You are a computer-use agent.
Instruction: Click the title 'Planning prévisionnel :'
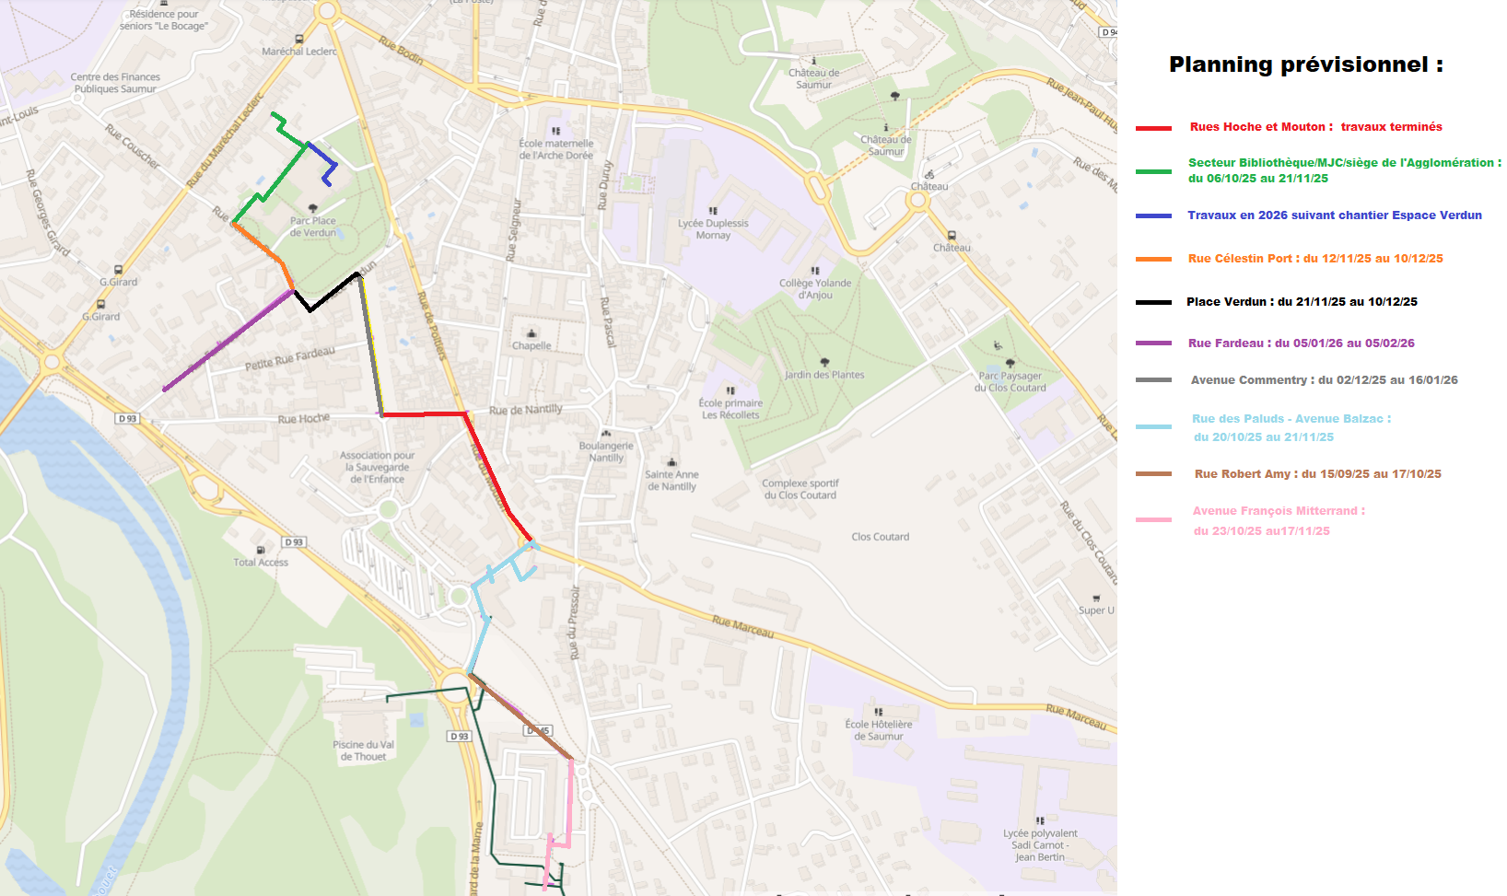[x=1305, y=64]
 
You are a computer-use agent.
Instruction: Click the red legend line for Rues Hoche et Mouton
[x=1153, y=128]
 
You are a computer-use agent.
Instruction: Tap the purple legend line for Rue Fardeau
[x=1153, y=343]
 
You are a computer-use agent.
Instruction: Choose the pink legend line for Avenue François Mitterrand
[x=1153, y=520]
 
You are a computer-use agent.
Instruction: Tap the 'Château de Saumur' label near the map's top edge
[x=813, y=78]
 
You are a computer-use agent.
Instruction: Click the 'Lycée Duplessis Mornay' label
[x=713, y=229]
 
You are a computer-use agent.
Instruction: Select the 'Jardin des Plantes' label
[x=824, y=375]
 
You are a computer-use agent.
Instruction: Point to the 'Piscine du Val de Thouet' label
[x=363, y=751]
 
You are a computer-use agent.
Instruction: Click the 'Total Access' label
[x=261, y=562]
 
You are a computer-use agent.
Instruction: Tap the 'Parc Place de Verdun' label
[x=313, y=227]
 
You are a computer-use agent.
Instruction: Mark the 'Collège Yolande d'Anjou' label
[x=815, y=288]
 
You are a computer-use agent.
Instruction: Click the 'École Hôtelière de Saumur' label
[x=879, y=730]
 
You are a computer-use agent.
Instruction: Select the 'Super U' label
[x=1096, y=611]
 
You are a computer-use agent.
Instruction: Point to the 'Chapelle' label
[x=532, y=345]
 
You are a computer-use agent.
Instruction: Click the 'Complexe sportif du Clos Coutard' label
[x=800, y=489]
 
